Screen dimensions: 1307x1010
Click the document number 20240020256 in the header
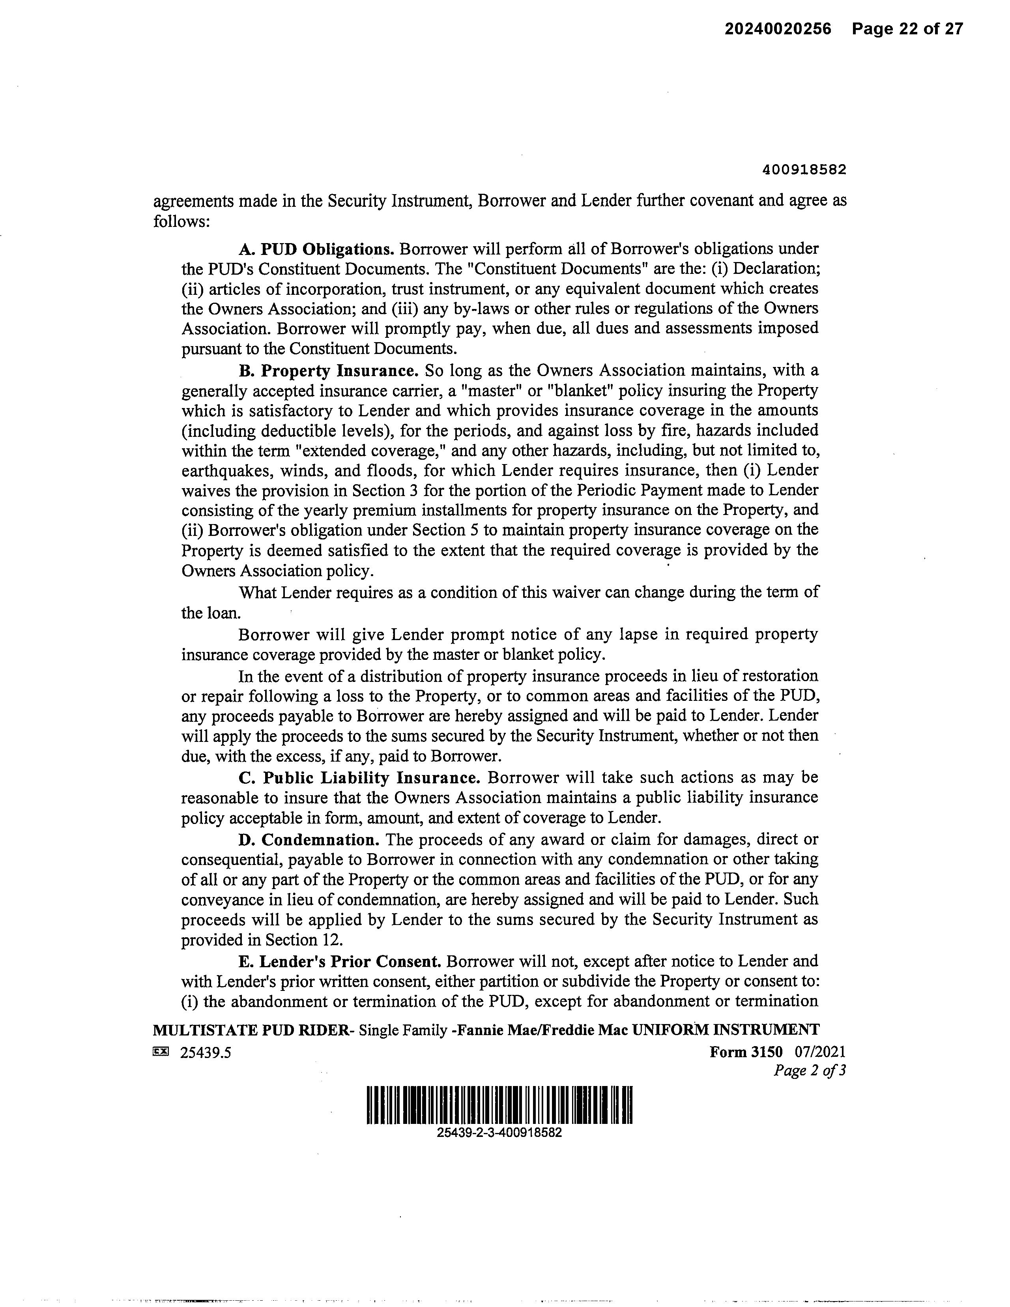point(778,29)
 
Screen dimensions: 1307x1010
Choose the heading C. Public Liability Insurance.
point(359,778)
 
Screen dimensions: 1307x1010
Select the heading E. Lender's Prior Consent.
point(340,962)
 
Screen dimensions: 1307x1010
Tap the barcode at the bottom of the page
point(499,1105)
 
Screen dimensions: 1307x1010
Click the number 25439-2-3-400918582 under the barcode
point(499,1133)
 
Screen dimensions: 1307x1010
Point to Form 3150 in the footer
point(746,1052)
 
